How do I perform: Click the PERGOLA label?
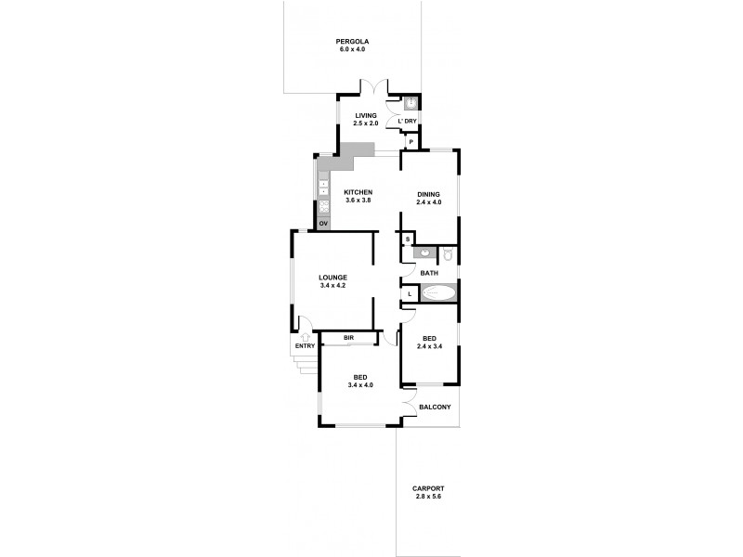[x=352, y=41]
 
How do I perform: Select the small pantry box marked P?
[x=410, y=142]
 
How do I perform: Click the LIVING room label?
[x=365, y=115]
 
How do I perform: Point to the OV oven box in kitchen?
[x=323, y=224]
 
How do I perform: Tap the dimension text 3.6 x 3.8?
[x=358, y=201]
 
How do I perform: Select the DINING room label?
[x=428, y=193]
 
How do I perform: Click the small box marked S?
[x=407, y=240]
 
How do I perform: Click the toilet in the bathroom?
[x=447, y=253]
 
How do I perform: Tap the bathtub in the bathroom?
[x=438, y=294]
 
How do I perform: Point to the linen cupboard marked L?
[x=409, y=294]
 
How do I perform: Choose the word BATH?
[x=429, y=273]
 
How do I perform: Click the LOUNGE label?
[x=332, y=277]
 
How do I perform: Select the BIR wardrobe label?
[x=349, y=337]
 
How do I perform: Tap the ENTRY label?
[x=305, y=346]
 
